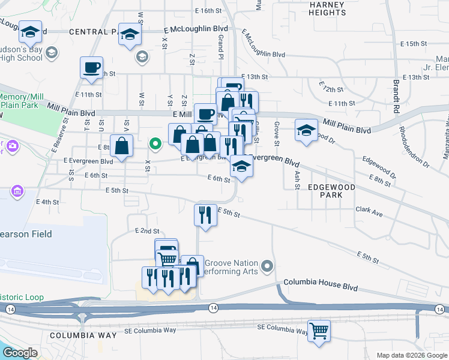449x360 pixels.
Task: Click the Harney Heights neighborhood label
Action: coord(327,8)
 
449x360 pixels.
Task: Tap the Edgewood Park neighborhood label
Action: coord(331,191)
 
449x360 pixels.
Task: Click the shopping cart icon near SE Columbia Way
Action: coord(319,331)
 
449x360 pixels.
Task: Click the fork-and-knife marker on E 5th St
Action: coord(205,214)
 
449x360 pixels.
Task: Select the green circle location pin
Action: coord(155,143)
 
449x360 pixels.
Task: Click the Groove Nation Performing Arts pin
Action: coord(268,265)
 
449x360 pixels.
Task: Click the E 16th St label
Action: coord(208,11)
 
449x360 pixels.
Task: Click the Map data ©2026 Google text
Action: coord(411,355)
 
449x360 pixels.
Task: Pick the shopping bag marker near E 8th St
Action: coord(121,146)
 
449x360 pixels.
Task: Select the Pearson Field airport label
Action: coord(26,234)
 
